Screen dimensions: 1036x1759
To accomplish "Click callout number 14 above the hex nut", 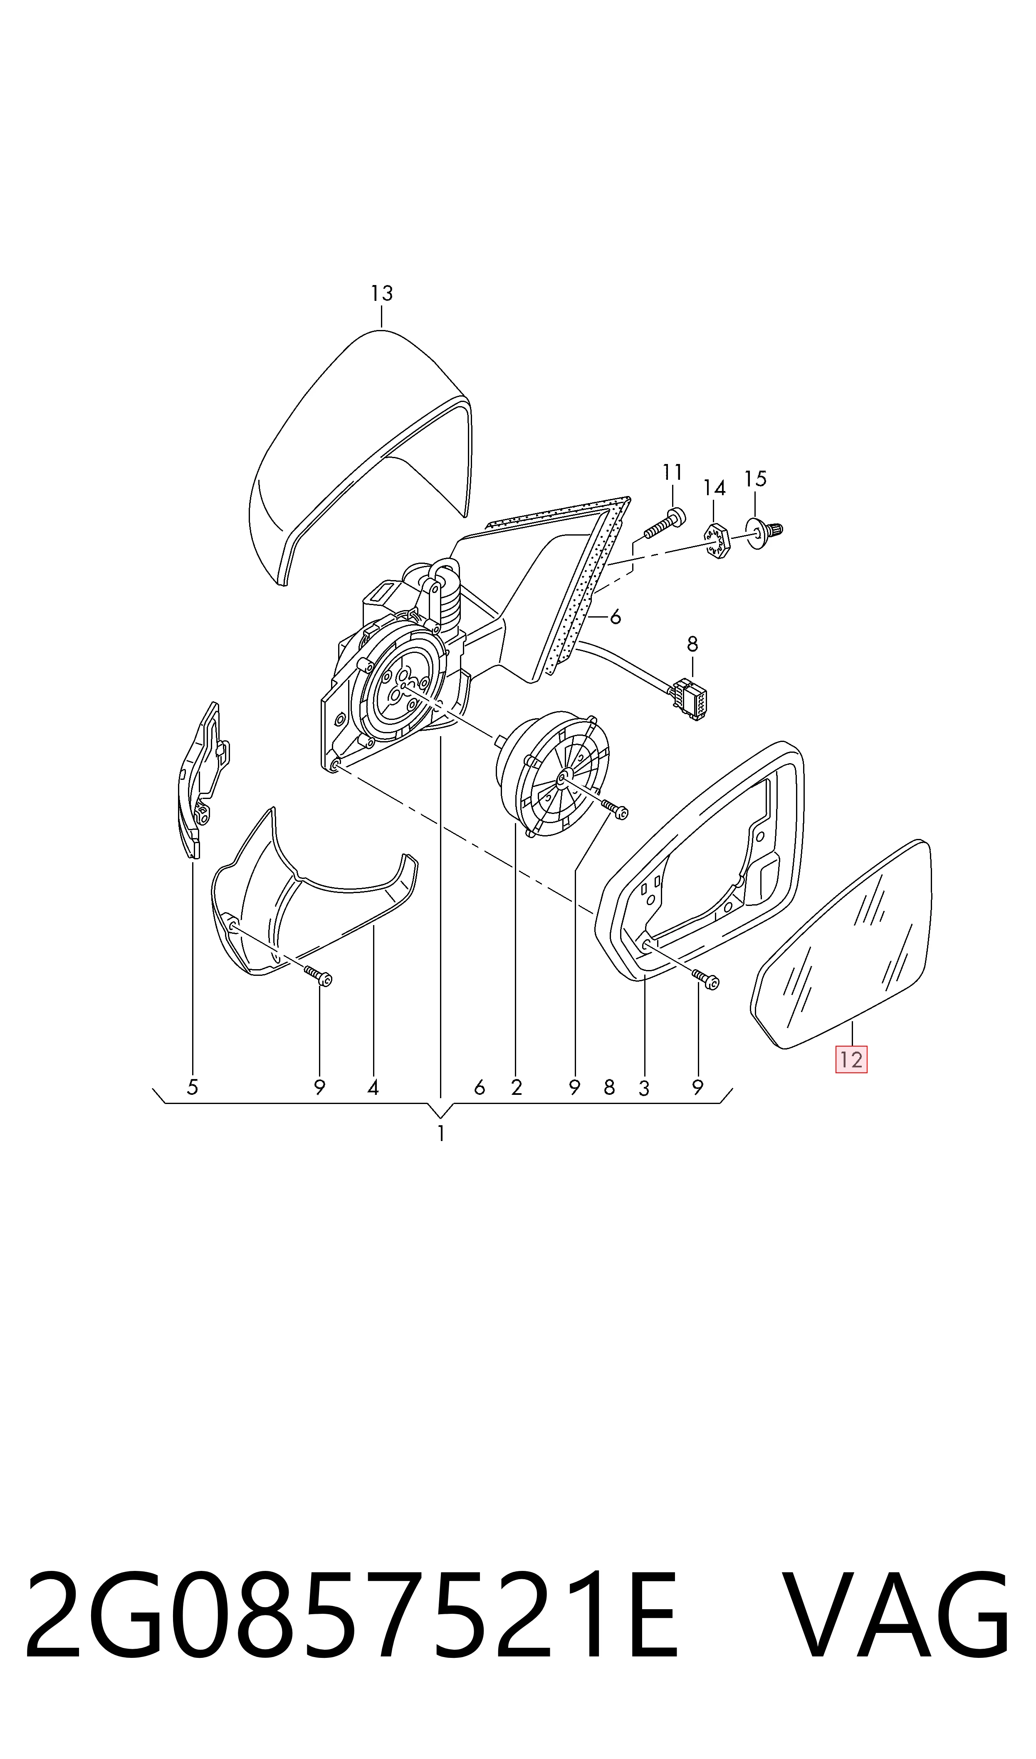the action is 714,487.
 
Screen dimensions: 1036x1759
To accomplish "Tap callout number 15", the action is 755,479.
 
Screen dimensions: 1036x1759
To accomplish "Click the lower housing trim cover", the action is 314,897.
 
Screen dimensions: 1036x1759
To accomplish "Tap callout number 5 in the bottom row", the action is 193,1087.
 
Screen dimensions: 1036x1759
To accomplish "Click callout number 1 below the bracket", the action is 440,1133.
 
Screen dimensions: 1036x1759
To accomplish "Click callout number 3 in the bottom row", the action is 644,1088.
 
